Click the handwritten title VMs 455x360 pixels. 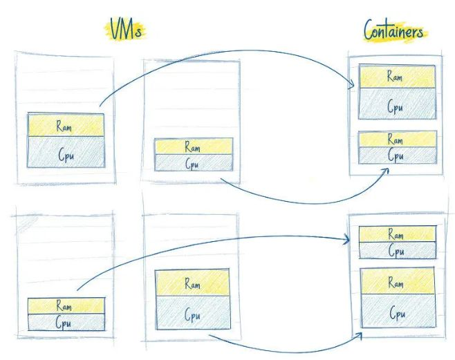(127, 29)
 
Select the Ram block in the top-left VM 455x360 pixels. (66, 126)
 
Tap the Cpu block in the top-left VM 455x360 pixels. (66, 152)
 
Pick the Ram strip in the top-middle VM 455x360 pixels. (194, 146)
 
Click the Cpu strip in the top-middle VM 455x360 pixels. (194, 162)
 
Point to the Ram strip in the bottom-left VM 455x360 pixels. (65, 306)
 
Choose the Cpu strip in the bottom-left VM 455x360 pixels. (65, 322)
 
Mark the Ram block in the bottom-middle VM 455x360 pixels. (193, 283)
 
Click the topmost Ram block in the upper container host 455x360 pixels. (395, 77)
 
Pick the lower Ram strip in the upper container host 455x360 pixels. (396, 139)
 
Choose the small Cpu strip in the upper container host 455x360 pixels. (396, 155)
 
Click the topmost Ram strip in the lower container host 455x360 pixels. (397, 235)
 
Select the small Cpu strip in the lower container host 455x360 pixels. (397, 251)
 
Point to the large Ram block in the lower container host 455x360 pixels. (397, 282)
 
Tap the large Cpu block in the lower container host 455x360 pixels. (397, 314)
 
